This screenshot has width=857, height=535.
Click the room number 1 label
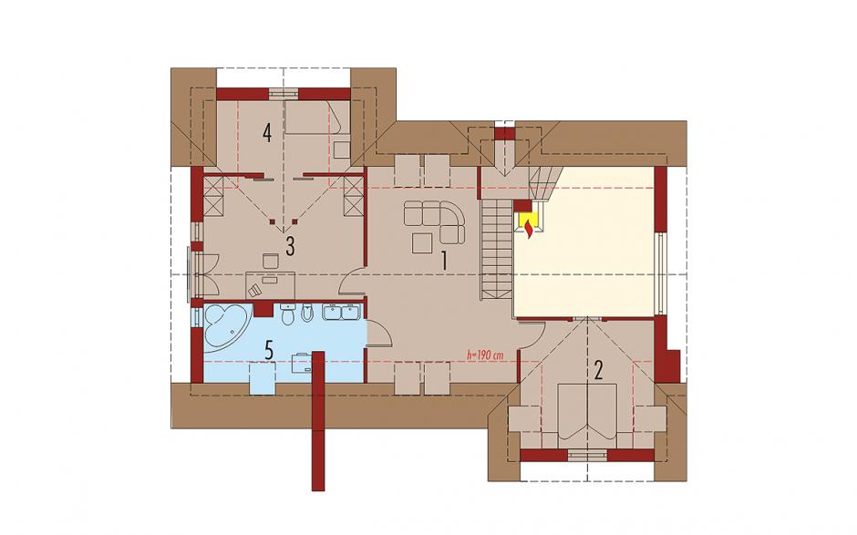coord(444,262)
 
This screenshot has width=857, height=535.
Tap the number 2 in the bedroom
coord(598,370)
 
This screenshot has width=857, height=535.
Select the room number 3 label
coord(290,246)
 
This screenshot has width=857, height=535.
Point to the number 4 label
coord(267,133)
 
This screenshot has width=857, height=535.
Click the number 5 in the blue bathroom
coord(268,350)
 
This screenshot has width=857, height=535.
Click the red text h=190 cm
coord(485,355)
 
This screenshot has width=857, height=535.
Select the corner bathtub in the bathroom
coord(226,325)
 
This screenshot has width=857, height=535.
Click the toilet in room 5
coord(287,314)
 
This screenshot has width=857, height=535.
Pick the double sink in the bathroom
coord(341,312)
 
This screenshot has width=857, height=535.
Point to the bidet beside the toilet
coord(307,314)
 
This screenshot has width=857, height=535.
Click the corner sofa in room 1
coord(435,221)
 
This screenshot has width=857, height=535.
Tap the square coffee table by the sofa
coord(422,242)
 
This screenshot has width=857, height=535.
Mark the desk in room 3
coord(270,284)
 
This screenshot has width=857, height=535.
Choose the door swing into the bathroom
coord(379,334)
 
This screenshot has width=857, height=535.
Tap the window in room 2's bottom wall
coord(587,455)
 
